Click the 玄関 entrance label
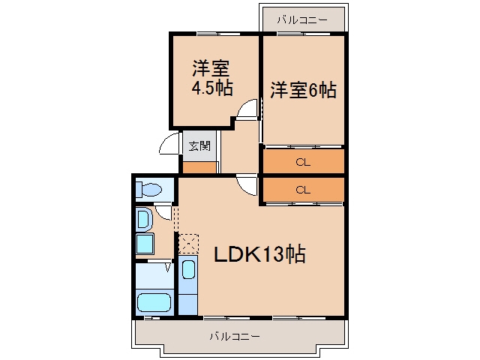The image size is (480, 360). coord(199,145)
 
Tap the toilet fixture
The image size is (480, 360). coord(148,189)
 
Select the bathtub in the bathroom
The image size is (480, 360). coord(154,302)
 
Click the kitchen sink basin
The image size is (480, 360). coord(188,269)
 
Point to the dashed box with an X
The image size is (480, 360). coord(188,244)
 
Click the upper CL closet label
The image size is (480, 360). coord(303,162)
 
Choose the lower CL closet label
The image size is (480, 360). coord(303,190)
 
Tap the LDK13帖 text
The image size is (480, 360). coord(259,254)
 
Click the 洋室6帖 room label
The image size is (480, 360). coord(303,90)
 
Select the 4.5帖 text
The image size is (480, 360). coord(211,88)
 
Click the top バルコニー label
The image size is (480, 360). coord(302,20)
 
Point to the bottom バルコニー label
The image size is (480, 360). coord(235,337)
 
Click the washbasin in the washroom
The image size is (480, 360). coord(145,219)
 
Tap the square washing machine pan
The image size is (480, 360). coord(145,244)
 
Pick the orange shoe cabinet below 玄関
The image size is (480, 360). coord(199,168)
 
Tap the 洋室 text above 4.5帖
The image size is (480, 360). coord(211,68)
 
